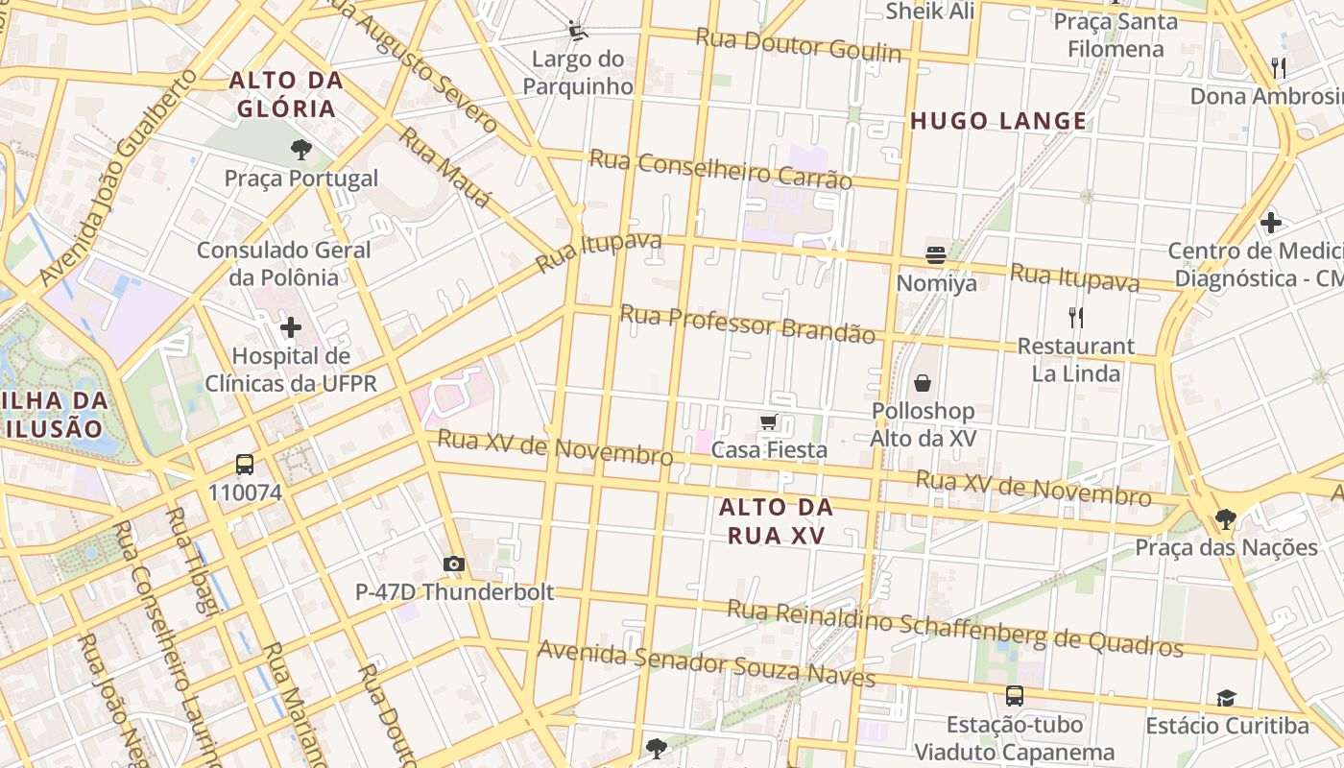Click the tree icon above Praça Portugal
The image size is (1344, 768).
[300, 149]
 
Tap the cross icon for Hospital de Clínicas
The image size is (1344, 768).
[291, 328]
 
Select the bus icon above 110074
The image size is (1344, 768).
[245, 465]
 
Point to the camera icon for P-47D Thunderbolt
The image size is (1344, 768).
[454, 564]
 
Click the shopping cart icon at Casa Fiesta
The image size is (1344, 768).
[769, 421]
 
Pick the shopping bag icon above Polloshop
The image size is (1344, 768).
[923, 383]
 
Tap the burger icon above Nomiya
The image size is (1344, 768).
[936, 255]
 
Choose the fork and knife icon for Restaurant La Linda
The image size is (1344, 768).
[1076, 317]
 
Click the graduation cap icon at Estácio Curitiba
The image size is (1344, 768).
[1226, 698]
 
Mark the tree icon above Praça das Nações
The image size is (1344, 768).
[1225, 519]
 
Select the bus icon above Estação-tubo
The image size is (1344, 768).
[1014, 696]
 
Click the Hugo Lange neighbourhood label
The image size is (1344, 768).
[998, 121]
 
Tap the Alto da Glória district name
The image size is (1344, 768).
[286, 94]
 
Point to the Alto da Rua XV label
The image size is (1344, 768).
[776, 521]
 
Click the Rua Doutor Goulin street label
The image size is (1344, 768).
[799, 44]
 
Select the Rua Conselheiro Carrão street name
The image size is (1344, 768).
[720, 169]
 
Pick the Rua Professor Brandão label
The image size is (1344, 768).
[747, 324]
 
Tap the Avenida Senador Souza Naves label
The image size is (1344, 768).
[706, 663]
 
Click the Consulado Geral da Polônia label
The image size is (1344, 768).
[283, 264]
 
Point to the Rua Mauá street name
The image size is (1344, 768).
[444, 168]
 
